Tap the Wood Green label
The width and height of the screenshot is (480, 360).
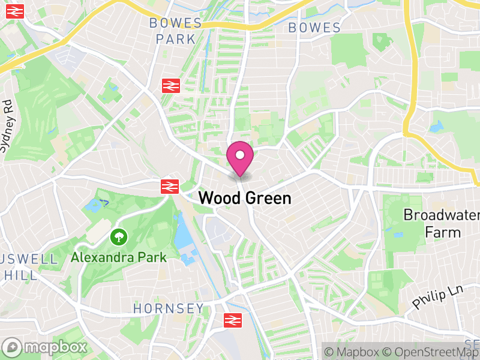pyautogui.click(x=244, y=198)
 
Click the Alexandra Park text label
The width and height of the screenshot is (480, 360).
pyautogui.click(x=118, y=257)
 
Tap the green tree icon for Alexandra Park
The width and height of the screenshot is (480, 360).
pyautogui.click(x=119, y=237)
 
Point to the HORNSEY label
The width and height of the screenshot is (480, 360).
pyautogui.click(x=168, y=308)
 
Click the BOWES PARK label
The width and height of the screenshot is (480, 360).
pyautogui.click(x=176, y=31)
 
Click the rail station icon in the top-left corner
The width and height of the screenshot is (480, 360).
pyautogui.click(x=14, y=10)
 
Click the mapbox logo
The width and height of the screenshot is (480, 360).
pyautogui.click(x=45, y=347)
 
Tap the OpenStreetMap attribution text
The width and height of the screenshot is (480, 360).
pyautogui.click(x=431, y=352)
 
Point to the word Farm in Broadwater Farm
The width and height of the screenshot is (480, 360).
pyautogui.click(x=443, y=232)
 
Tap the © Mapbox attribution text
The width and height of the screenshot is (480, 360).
pyautogui.click(x=355, y=352)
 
